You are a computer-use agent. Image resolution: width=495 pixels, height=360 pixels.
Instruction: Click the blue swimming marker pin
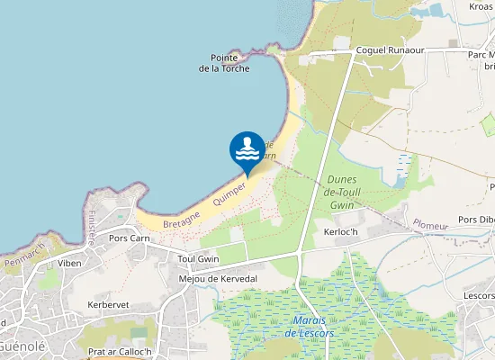[x=247, y=150]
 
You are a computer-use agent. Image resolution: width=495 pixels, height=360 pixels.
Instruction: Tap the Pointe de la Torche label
[x=224, y=63]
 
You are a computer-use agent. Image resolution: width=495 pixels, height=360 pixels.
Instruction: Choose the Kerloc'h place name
[x=341, y=231]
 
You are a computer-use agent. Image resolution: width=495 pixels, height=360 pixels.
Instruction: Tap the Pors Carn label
[x=129, y=239]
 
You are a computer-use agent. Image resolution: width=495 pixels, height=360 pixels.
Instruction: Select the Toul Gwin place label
[x=199, y=258]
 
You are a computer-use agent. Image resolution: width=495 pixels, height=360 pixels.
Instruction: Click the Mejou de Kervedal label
[x=218, y=278]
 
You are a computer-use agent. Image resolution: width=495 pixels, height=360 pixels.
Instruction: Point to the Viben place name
[x=69, y=264]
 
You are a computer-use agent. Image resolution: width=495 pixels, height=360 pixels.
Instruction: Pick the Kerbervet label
[x=109, y=305]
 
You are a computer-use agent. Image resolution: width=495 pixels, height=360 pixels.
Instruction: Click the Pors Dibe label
[x=476, y=220]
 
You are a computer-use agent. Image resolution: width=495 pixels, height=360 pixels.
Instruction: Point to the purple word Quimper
[x=230, y=191]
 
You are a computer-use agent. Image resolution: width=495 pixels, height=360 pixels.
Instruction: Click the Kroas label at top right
[x=481, y=6]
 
